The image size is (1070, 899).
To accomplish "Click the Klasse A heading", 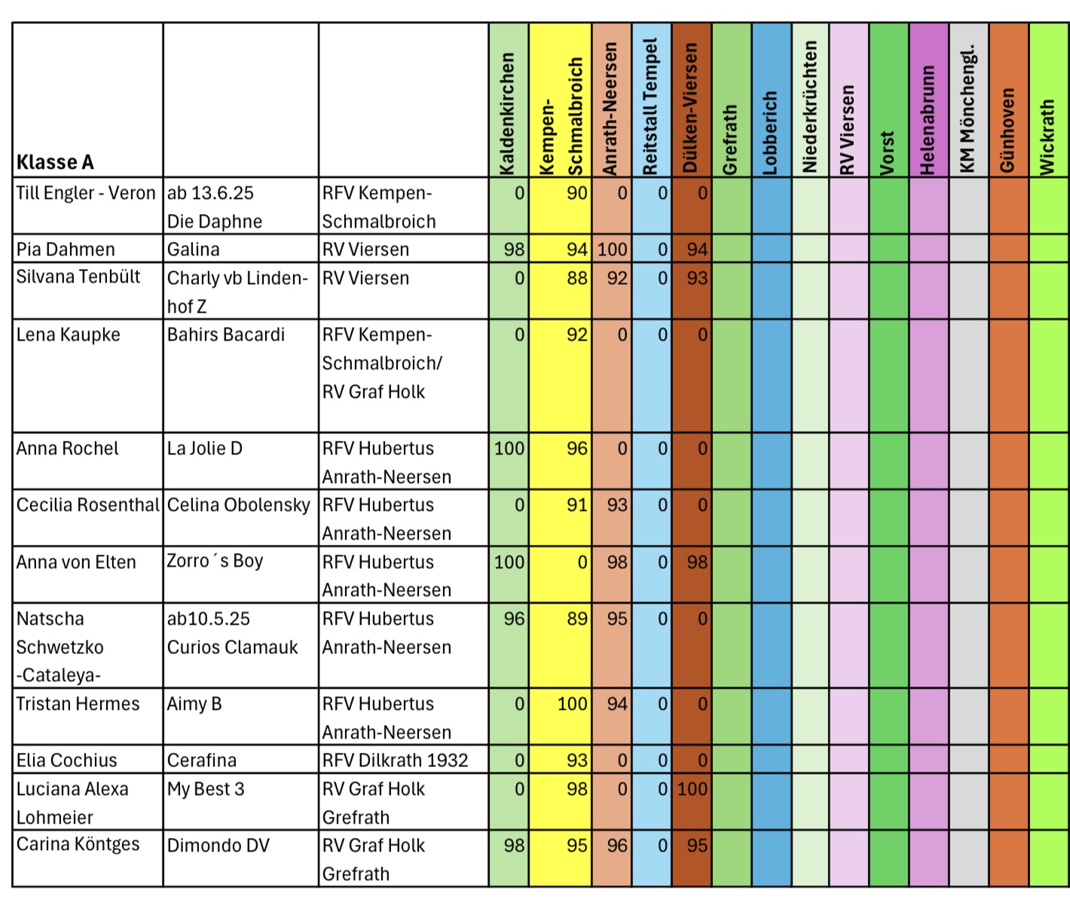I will (55, 162).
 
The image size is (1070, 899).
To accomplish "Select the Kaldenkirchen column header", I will (508, 113).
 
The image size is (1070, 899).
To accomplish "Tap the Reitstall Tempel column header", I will (651, 106).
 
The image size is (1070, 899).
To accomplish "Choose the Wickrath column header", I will (1048, 137).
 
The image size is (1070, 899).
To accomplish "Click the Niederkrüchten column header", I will (810, 106).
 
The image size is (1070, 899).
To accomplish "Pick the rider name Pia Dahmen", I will (66, 249).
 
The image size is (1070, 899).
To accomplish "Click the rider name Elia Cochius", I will (67, 760).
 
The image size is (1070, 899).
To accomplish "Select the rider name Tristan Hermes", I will (78, 704).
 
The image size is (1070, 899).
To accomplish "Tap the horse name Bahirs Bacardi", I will (226, 335).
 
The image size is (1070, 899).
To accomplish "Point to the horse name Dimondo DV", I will (219, 845).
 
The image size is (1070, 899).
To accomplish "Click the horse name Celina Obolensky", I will (239, 505).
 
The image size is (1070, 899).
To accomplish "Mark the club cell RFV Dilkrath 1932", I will (396, 760).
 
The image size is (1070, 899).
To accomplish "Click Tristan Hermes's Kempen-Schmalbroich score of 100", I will (572, 704).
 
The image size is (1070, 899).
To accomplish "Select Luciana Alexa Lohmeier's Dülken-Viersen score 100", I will (692, 789).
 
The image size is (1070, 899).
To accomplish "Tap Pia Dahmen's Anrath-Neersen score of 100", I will (613, 249).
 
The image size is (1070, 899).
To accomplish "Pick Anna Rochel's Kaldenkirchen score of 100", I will (509, 448).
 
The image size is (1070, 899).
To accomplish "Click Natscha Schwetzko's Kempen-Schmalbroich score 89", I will (576, 619).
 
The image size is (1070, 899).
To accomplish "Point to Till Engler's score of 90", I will (576, 193).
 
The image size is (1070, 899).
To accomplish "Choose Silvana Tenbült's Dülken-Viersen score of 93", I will (697, 278).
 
